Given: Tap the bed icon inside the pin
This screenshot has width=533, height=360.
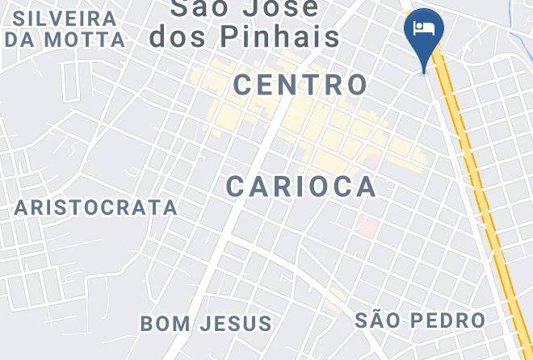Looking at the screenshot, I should point(423,28).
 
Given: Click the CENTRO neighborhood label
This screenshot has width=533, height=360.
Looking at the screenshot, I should point(300,84).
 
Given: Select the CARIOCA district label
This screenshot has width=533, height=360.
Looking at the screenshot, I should point(301,186).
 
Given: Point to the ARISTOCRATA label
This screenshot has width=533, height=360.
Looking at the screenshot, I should point(96,207).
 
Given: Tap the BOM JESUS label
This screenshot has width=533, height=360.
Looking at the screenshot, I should point(206,324).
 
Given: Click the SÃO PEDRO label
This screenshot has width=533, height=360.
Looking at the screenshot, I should point(420,320).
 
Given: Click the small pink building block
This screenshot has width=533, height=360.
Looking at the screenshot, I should point(367,226).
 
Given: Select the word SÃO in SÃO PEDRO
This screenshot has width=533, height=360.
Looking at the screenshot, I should point(378,320).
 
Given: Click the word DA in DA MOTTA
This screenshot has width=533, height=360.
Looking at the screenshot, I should point(21,39).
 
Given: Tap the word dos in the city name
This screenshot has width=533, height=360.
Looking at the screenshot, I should point(182,36).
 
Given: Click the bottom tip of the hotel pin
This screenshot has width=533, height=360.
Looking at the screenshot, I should point(424,72).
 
